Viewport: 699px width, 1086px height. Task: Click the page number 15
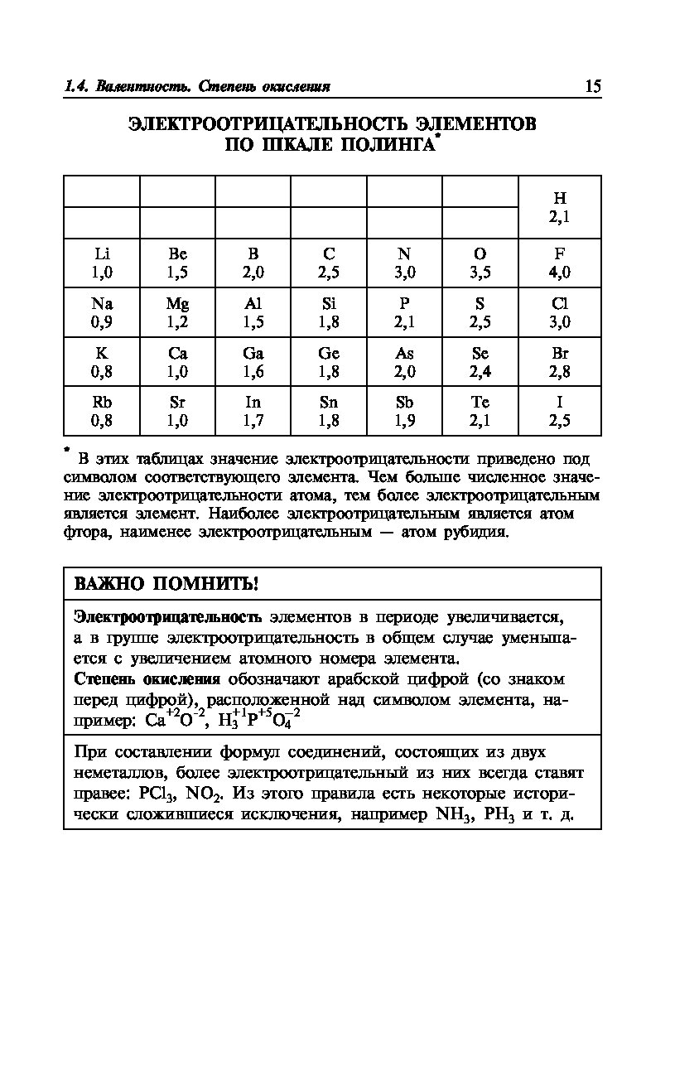point(592,87)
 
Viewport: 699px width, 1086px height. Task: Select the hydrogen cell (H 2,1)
point(560,208)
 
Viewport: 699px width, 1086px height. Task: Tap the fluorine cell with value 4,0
point(560,263)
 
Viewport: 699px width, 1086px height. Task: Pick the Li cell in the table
point(103,263)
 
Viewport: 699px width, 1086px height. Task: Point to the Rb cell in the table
point(103,412)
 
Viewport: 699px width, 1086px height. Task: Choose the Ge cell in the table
point(329,362)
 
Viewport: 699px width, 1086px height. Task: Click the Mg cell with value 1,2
point(177,313)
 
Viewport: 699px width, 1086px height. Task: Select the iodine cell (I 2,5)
point(560,412)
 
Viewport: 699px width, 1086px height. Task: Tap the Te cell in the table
point(480,412)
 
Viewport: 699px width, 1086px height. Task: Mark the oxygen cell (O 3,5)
point(480,263)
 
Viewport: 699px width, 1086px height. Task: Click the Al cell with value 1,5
point(253,313)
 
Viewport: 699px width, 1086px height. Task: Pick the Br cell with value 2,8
point(560,362)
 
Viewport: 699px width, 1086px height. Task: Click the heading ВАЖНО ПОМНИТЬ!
point(166,584)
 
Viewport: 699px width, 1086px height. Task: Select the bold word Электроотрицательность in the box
point(168,618)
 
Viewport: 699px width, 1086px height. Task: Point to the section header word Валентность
point(133,87)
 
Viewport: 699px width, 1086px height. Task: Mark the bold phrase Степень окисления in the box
point(147,680)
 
